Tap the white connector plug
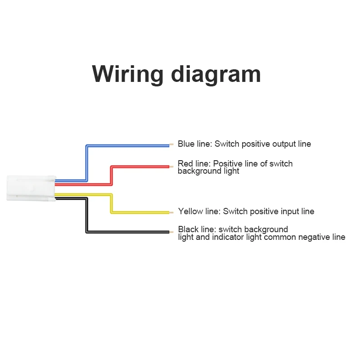[31, 188]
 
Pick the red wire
[139, 166]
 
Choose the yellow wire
[139, 211]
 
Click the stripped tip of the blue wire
[171, 144]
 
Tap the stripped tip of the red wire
[171, 166]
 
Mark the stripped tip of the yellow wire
[171, 212]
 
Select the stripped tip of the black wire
[171, 232]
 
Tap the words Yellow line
[198, 211]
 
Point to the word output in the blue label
[283, 144]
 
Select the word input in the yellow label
[288, 211]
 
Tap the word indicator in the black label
[228, 237]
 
